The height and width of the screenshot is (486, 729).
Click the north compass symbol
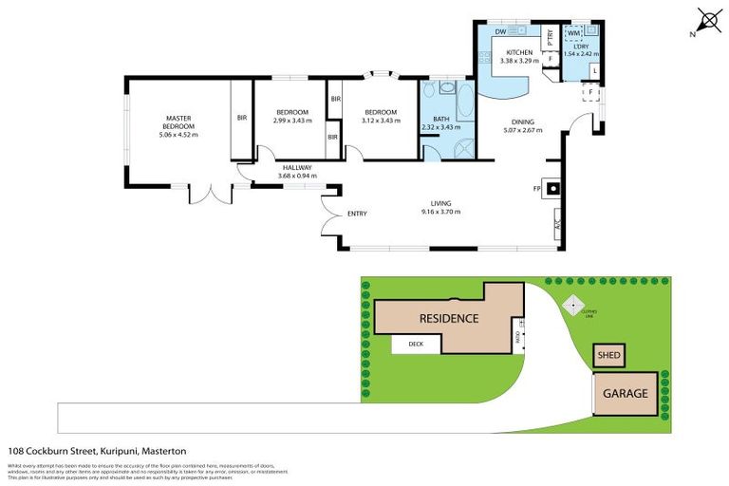pyautogui.click(x=706, y=20)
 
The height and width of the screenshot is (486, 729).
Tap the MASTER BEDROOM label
pyautogui.click(x=178, y=122)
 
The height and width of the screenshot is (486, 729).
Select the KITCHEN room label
pyautogui.click(x=519, y=52)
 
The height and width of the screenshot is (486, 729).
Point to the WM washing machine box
pyautogui.click(x=574, y=33)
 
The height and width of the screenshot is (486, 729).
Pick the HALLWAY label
pyautogui.click(x=295, y=168)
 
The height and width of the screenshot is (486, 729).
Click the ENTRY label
pyautogui.click(x=357, y=214)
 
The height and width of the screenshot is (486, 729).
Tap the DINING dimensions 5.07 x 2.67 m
pyautogui.click(x=522, y=130)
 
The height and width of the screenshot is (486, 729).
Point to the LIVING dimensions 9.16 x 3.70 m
pyautogui.click(x=439, y=212)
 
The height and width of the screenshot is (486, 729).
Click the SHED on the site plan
pyautogui.click(x=607, y=356)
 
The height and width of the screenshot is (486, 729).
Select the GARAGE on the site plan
pyautogui.click(x=624, y=393)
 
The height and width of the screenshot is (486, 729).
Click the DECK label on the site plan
pyautogui.click(x=415, y=344)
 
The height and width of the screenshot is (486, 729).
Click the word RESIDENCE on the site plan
pyautogui.click(x=449, y=318)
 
